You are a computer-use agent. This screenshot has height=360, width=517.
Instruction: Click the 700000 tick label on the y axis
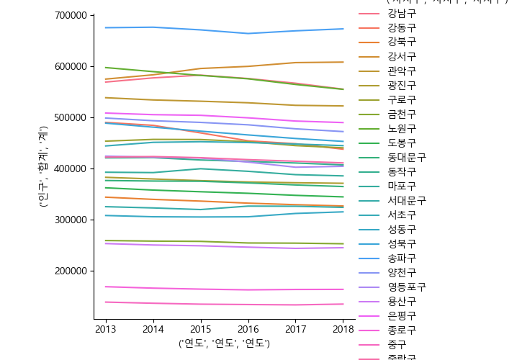pyautogui.click(x=71, y=15)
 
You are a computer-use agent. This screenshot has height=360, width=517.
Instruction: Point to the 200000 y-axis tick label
pyautogui.click(x=71, y=271)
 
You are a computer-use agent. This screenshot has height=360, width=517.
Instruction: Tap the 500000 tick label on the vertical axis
pyautogui.click(x=71, y=117)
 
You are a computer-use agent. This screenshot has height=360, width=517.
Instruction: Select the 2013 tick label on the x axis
pyautogui.click(x=106, y=329)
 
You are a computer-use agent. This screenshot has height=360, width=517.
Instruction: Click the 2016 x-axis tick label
pyautogui.click(x=248, y=329)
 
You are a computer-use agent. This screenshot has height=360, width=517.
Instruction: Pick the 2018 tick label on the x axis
pyautogui.click(x=343, y=329)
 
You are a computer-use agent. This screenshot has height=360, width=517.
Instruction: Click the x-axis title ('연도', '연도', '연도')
pyautogui.click(x=224, y=343)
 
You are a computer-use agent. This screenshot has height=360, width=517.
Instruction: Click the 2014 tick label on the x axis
pyautogui.click(x=153, y=329)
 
